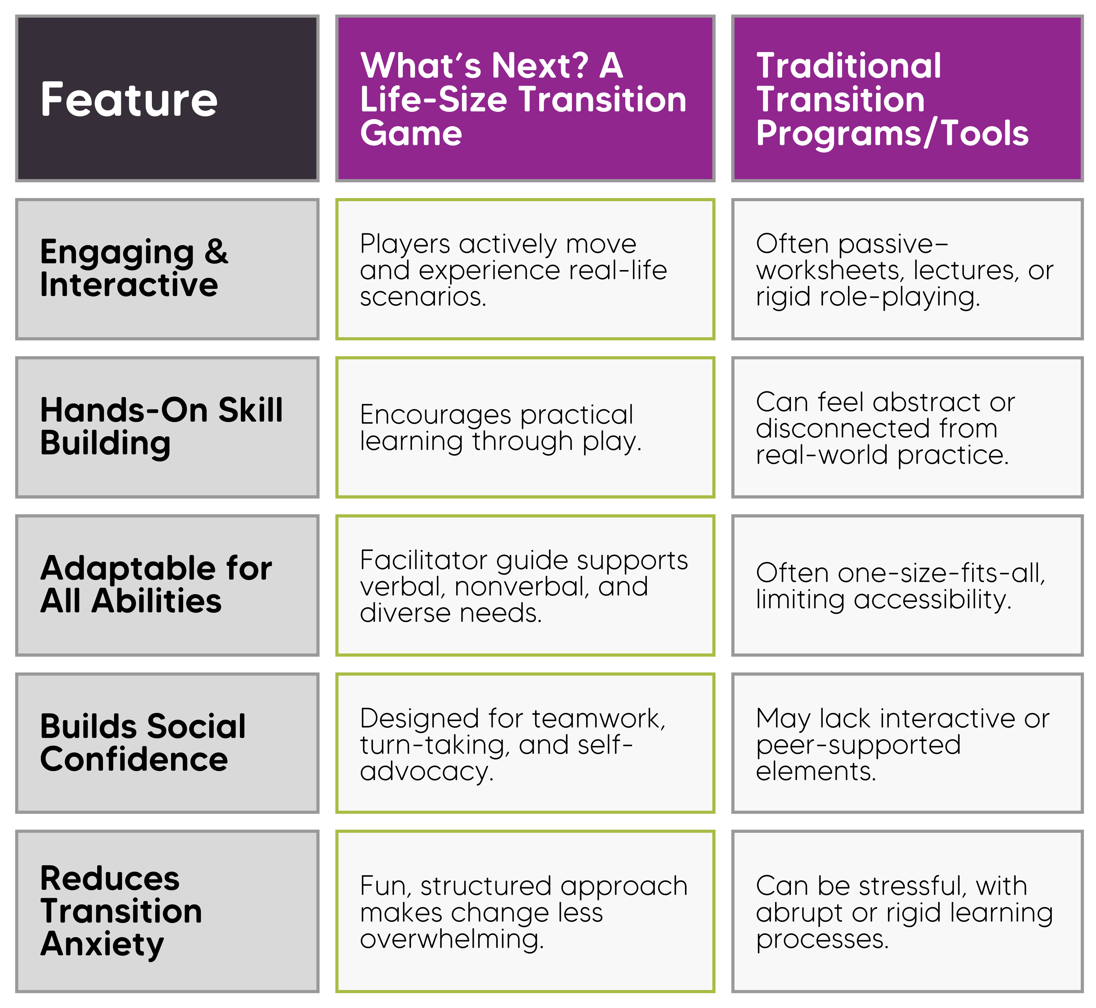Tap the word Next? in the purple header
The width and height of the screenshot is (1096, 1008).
click(540, 65)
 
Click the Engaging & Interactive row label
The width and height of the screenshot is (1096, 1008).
click(134, 268)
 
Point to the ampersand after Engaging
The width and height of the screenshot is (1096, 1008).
click(217, 251)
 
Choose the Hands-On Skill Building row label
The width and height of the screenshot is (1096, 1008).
click(161, 427)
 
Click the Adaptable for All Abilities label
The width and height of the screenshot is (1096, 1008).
click(156, 585)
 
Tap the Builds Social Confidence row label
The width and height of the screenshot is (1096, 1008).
click(143, 743)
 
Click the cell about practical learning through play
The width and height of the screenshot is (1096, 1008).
click(525, 428)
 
